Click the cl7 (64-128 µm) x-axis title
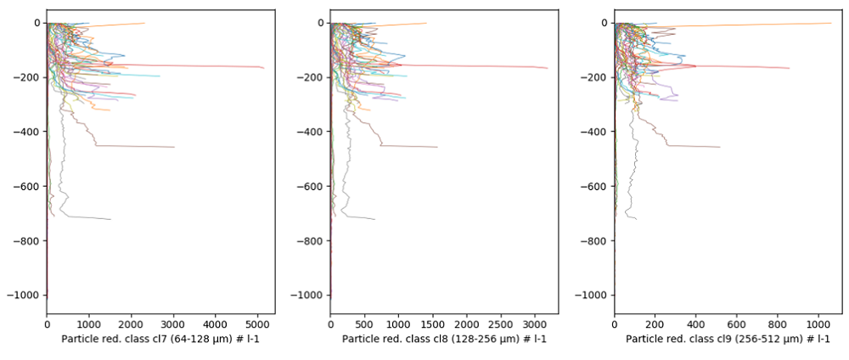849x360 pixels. (x=160, y=339)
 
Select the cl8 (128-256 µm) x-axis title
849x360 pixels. (x=444, y=339)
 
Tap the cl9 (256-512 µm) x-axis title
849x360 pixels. (x=728, y=339)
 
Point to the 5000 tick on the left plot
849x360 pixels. (x=257, y=323)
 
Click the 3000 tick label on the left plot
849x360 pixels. (x=173, y=323)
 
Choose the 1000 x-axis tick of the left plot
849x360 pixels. (x=89, y=323)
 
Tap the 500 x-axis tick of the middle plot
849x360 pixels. (x=364, y=323)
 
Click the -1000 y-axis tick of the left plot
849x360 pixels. (x=25, y=295)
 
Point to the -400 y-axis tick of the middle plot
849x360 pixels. (x=312, y=132)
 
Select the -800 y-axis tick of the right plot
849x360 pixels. (x=596, y=240)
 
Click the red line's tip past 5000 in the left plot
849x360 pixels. (x=264, y=68)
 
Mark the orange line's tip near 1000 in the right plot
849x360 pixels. (x=831, y=23)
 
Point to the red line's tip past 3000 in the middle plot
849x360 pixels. (x=548, y=68)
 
